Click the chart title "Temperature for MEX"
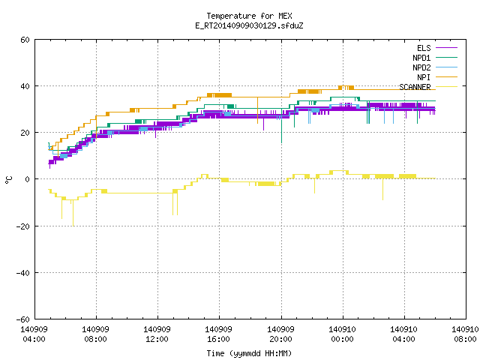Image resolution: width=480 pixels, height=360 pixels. (x=249, y=16)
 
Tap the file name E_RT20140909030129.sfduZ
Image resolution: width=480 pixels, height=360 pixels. (x=249, y=25)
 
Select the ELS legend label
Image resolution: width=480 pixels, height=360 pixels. (x=424, y=48)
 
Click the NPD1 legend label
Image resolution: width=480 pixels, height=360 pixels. (x=421, y=58)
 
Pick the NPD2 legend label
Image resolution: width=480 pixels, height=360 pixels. (x=421, y=67)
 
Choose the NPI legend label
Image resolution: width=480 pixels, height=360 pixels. (x=424, y=77)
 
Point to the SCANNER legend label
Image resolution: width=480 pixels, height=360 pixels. (x=415, y=87)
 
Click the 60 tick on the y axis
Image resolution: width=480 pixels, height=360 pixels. (x=25, y=40)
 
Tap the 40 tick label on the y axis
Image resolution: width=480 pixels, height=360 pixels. (x=25, y=86)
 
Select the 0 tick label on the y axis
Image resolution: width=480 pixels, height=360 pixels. (x=27, y=179)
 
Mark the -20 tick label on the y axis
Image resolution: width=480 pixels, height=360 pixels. (x=23, y=226)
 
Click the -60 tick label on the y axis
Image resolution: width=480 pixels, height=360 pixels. (x=23, y=319)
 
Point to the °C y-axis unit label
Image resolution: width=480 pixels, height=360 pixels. (x=9, y=180)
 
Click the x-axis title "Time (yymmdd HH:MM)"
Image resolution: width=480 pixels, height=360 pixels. (x=249, y=353)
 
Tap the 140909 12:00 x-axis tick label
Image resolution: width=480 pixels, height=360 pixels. (x=157, y=334)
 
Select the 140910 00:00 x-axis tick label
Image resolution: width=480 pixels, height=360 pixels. (x=342, y=334)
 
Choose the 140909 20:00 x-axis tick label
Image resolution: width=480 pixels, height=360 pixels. (x=280, y=334)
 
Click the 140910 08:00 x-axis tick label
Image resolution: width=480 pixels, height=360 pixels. (x=465, y=334)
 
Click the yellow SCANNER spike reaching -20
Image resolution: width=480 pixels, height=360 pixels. (x=73, y=213)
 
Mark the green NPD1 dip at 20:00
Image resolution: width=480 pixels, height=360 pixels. (x=282, y=125)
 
